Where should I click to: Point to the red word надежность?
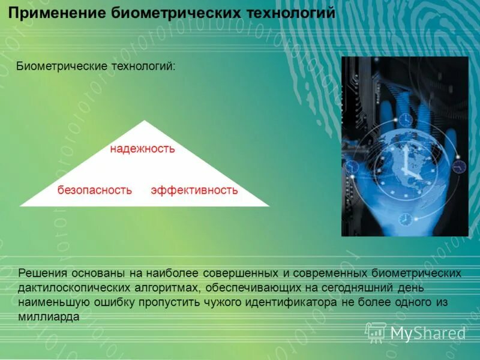[x=142, y=149]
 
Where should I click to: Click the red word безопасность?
[x=94, y=190]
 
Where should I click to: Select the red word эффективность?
[x=194, y=190]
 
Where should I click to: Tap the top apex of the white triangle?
[x=145, y=121]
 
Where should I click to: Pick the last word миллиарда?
[x=49, y=317]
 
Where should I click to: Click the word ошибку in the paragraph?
[x=116, y=302]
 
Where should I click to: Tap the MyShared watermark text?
[x=428, y=333]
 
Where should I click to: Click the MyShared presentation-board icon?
[x=376, y=332]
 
